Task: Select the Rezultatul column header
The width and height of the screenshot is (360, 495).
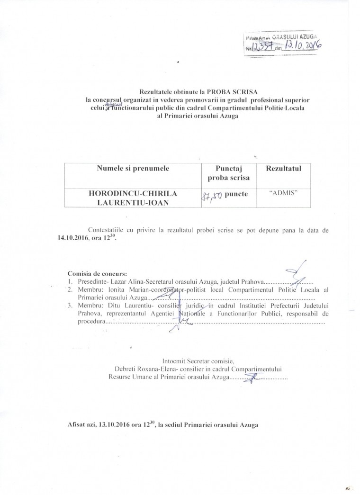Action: (x=283, y=168)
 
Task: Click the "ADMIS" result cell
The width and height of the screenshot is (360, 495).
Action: (x=283, y=194)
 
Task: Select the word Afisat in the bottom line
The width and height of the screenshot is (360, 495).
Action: (x=77, y=424)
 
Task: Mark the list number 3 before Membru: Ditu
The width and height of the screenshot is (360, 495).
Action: (x=70, y=306)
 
